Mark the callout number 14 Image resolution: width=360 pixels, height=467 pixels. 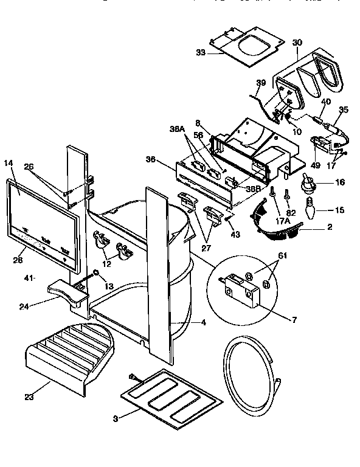tap(9, 163)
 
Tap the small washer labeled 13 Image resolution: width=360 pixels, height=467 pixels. tap(96, 274)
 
